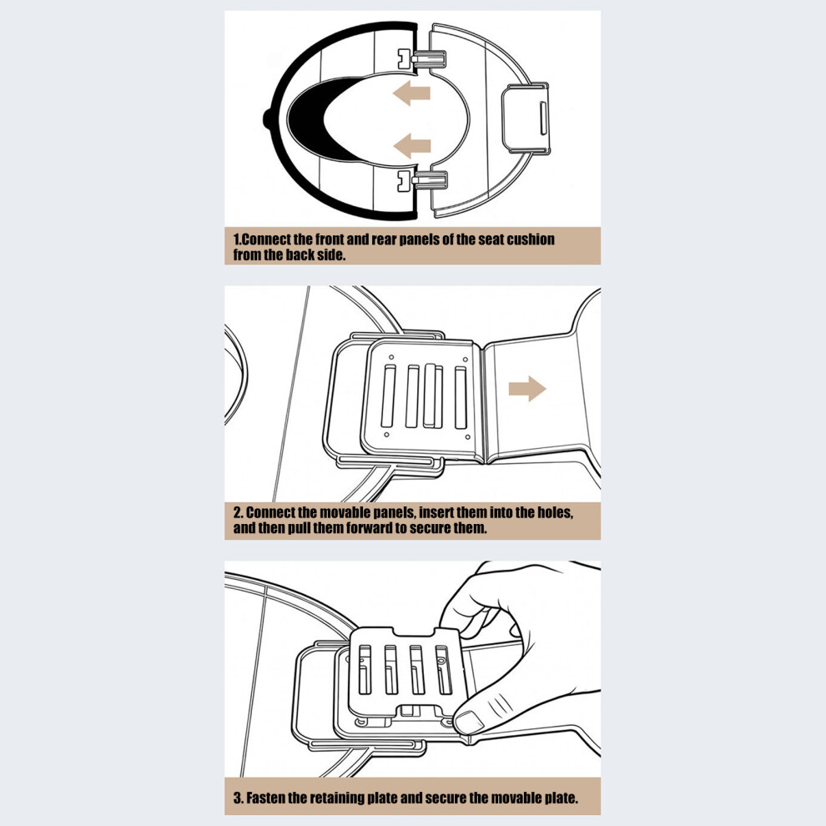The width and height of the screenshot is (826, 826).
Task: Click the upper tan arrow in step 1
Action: point(411,93)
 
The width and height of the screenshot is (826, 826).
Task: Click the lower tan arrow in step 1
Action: point(411,145)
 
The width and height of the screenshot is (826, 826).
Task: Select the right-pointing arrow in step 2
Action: point(527,389)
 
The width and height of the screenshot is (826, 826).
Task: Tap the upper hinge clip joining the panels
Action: point(421,59)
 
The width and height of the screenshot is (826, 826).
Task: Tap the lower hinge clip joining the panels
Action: point(421,180)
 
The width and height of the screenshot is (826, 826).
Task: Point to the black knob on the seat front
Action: point(267,118)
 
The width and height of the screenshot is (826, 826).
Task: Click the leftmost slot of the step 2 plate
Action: point(389,396)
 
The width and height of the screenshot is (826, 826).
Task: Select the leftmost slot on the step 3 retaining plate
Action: point(365,669)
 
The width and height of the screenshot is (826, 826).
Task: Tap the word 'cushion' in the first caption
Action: point(530,239)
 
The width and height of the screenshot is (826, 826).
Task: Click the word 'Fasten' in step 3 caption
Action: point(266,798)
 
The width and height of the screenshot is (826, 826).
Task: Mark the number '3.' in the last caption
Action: point(238,798)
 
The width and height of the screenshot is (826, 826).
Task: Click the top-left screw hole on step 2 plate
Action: point(390,357)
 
